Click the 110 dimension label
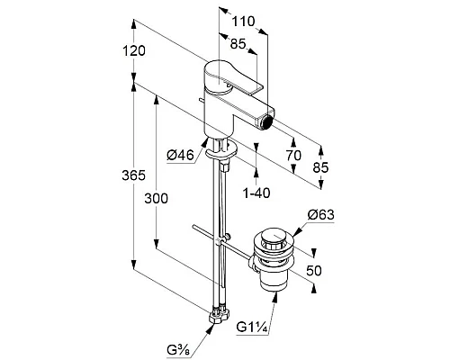point(244,22)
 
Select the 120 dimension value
point(134,50)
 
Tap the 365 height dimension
point(133,175)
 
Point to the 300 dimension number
point(156,199)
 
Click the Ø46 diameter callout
point(181,156)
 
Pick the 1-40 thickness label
point(256,193)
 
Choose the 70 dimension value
point(293,156)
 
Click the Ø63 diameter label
point(320,215)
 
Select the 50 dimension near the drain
point(314,271)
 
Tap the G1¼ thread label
point(252,327)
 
